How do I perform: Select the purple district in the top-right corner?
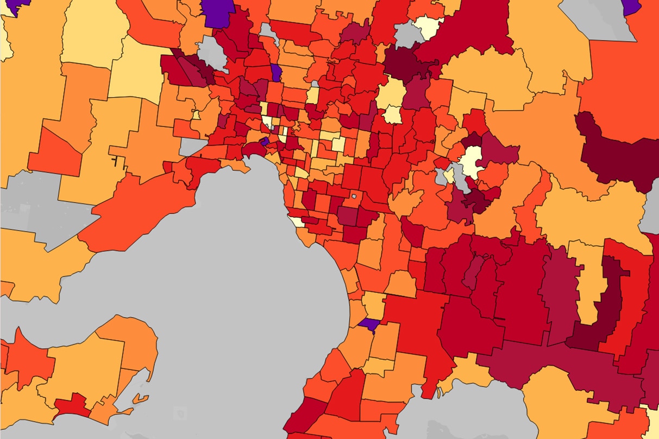click(631, 6)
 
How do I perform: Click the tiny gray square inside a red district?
click(354, 196)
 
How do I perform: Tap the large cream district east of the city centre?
click(470, 161)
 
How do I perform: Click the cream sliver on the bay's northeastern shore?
click(297, 221)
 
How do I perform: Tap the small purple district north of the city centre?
click(276, 73)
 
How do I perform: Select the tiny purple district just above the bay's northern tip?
click(264, 141)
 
